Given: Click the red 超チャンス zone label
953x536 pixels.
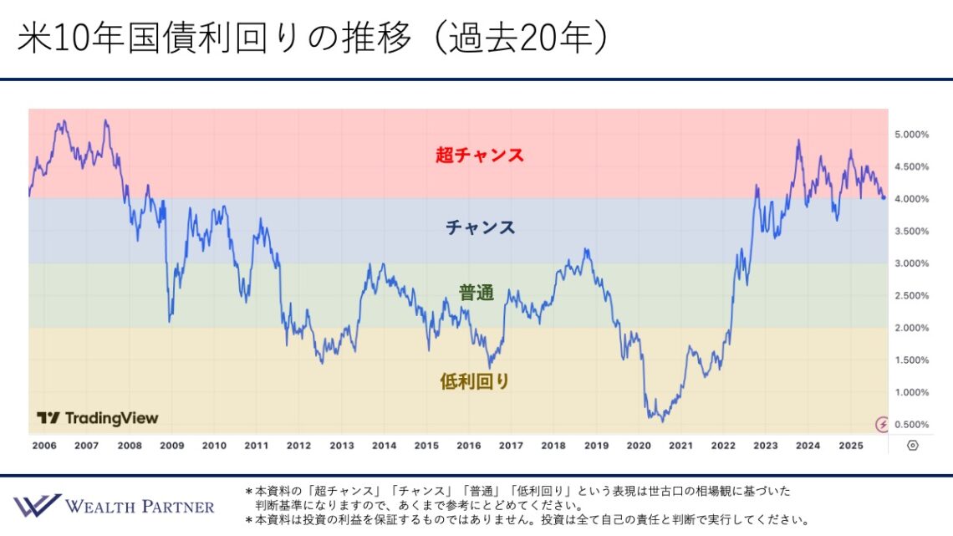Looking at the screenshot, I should pyautogui.click(x=479, y=155).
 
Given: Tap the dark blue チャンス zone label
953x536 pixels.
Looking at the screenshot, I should pyautogui.click(x=480, y=227).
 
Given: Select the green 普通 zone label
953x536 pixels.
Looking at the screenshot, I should pyautogui.click(x=476, y=293).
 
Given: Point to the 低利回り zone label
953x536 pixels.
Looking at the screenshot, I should pyautogui.click(x=474, y=381).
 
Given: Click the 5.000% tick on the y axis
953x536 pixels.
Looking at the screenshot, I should pyautogui.click(x=911, y=135).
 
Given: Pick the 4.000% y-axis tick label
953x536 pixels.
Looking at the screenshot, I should pyautogui.click(x=911, y=199).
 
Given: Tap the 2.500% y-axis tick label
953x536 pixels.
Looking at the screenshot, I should pyautogui.click(x=911, y=296).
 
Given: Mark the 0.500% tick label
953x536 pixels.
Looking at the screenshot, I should pyautogui.click(x=911, y=425).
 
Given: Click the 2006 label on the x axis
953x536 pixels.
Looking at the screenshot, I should pyautogui.click(x=44, y=446).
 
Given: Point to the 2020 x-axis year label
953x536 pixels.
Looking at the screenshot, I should pyautogui.click(x=638, y=446).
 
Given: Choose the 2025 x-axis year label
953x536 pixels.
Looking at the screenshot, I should pyautogui.click(x=850, y=446).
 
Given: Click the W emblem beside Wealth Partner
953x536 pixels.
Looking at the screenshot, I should pyautogui.click(x=36, y=505).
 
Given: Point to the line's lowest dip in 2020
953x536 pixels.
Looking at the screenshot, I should pyautogui.click(x=662, y=421).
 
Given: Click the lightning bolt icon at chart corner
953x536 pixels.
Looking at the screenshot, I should pyautogui.click(x=881, y=424).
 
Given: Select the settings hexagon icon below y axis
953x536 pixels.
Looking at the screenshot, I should pyautogui.click(x=912, y=446).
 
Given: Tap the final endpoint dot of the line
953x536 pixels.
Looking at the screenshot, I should pyautogui.click(x=884, y=197).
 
